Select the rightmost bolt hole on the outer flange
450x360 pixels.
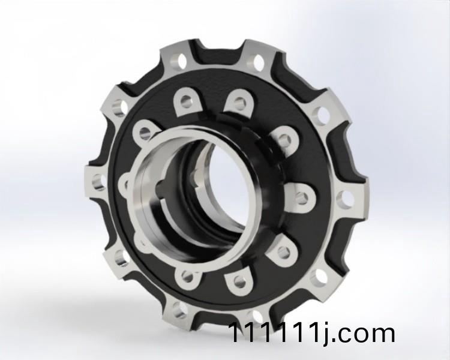345,200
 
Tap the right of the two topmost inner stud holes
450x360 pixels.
239,100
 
